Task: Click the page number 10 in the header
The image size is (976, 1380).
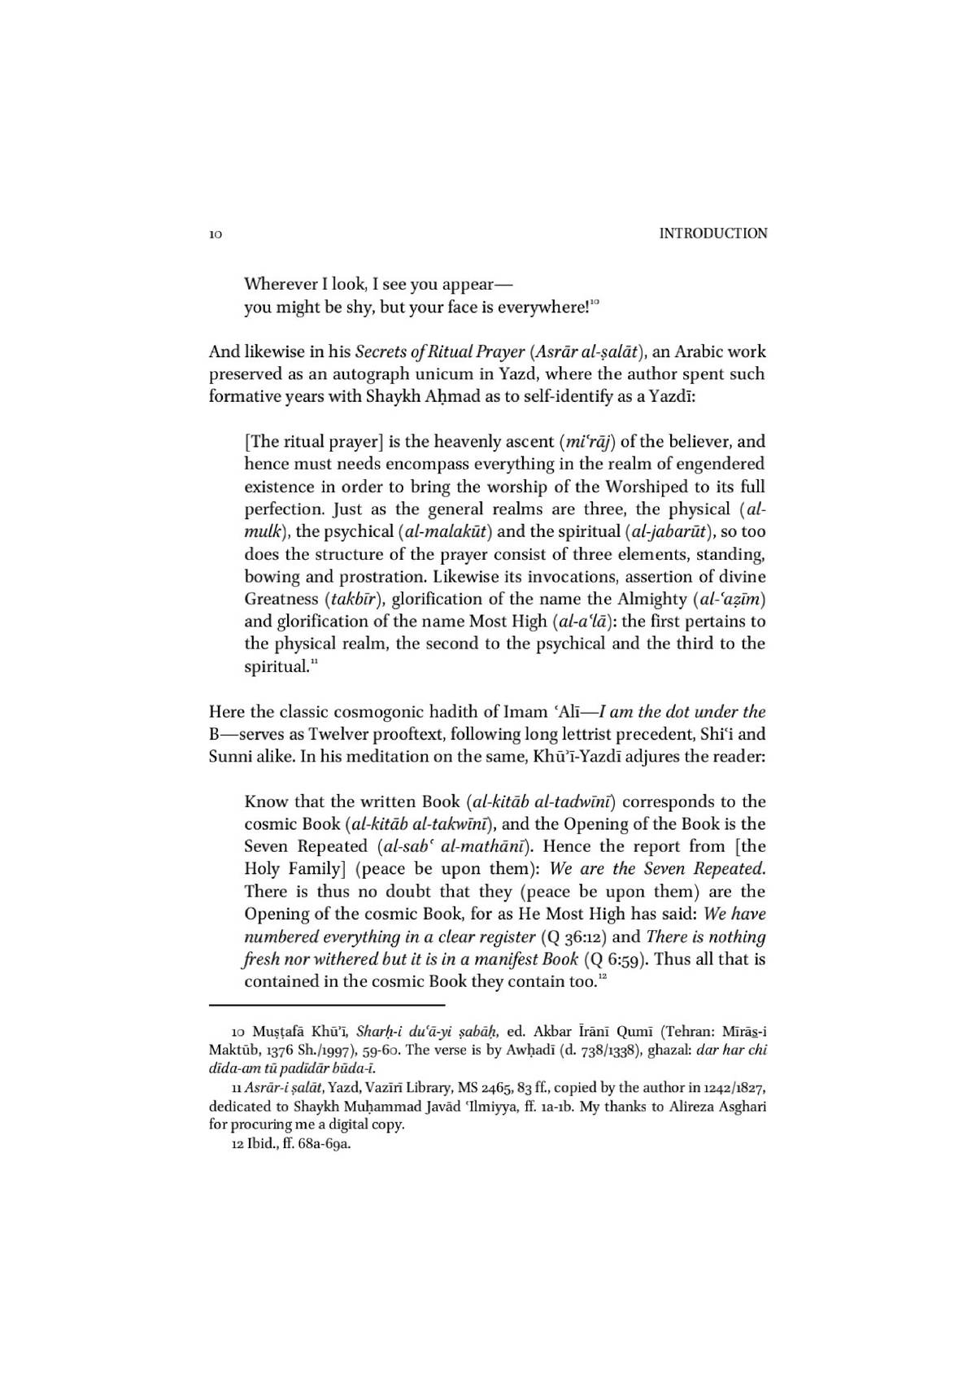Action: click(216, 234)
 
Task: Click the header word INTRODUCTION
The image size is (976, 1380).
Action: click(712, 234)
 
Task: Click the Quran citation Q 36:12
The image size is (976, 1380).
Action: click(575, 937)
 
